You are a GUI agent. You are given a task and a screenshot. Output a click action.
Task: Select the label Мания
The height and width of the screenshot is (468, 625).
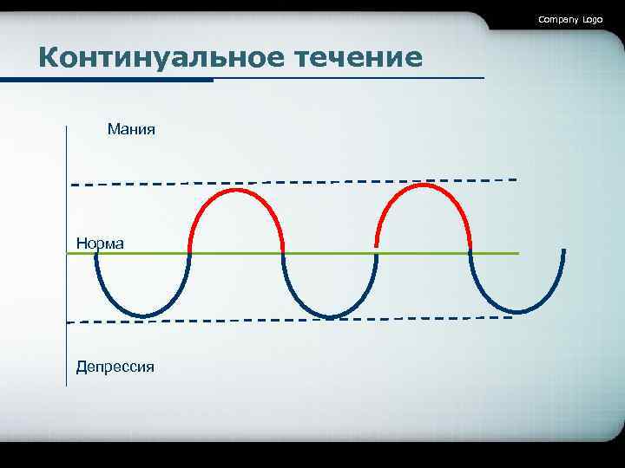(131, 129)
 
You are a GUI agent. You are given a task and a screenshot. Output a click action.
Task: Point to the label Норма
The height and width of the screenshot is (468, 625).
(100, 244)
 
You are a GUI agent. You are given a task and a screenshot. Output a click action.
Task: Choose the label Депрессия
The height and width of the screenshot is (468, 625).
(115, 367)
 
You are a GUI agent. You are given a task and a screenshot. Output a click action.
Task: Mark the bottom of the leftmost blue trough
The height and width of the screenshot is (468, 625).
(144, 315)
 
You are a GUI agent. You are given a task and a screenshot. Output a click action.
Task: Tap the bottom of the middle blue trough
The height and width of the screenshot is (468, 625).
(329, 317)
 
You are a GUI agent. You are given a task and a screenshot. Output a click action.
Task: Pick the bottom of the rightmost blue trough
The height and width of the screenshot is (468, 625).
(519, 311)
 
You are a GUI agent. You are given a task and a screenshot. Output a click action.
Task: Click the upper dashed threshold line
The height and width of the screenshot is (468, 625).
(295, 182)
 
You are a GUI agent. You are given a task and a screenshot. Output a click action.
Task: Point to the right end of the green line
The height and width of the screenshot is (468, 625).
(517, 253)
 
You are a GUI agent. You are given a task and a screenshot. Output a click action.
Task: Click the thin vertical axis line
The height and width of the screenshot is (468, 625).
(66, 260)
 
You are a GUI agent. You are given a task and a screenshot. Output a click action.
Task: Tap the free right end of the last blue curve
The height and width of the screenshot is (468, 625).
(563, 251)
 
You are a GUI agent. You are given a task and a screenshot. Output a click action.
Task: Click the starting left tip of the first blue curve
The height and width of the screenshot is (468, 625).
(95, 253)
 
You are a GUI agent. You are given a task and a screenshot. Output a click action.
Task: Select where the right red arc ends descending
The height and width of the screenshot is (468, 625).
(470, 250)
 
